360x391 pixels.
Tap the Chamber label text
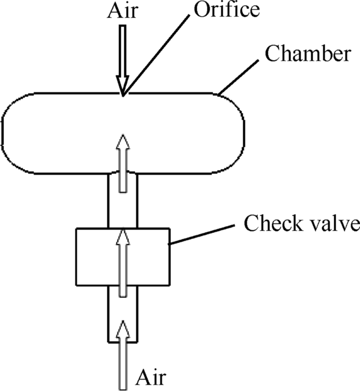pos(308,54)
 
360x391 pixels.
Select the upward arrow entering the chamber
pos(122,163)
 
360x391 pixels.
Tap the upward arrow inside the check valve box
pos(122,263)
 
